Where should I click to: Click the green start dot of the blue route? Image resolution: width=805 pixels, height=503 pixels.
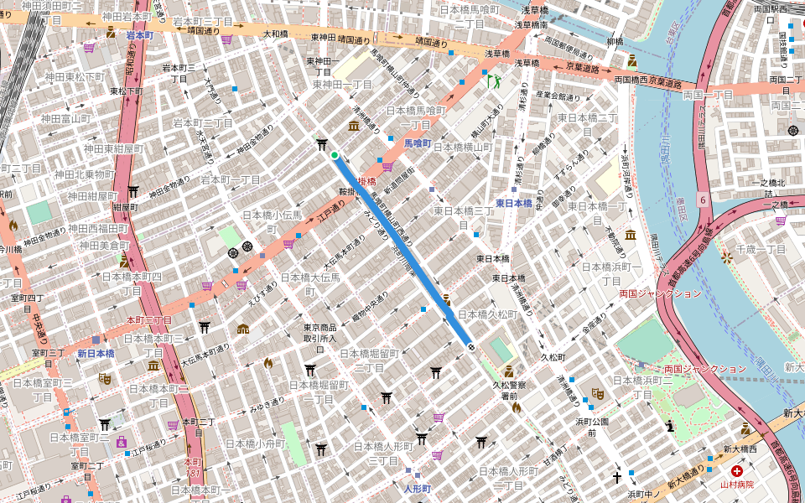[335, 155]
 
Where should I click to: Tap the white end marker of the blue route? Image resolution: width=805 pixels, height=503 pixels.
[471, 345]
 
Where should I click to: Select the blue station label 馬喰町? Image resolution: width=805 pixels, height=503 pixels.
[417, 143]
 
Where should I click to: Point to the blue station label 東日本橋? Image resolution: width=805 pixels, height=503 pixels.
[513, 203]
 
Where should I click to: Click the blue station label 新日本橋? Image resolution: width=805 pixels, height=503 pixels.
[96, 354]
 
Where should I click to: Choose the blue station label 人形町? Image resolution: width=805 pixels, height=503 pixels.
[417, 488]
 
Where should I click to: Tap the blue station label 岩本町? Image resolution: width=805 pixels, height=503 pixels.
[140, 36]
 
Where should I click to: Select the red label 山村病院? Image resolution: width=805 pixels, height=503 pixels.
[737, 485]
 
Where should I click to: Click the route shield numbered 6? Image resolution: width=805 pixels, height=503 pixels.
[700, 201]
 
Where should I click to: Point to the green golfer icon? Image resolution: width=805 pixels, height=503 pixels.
[492, 81]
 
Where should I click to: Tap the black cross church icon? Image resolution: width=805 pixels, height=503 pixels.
[617, 478]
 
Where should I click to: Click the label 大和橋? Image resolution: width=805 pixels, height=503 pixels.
[276, 35]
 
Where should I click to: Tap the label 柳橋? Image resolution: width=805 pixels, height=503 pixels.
[615, 41]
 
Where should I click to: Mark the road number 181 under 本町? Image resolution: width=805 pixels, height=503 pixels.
[194, 474]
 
